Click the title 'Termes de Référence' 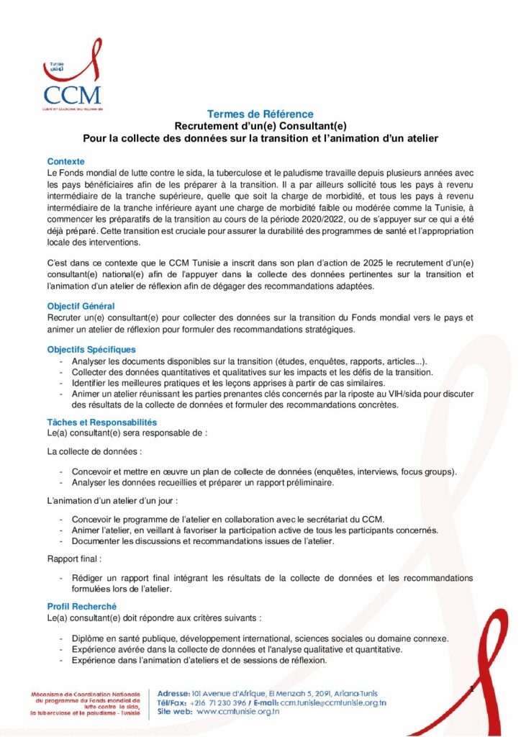click(260, 114)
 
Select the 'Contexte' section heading click(65, 161)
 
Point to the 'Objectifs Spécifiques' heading click(91, 350)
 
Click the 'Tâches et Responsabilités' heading click(101, 422)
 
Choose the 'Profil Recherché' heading click(81, 607)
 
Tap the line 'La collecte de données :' click(94, 452)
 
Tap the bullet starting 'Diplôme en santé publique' click(259, 638)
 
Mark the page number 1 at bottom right click(471, 689)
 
